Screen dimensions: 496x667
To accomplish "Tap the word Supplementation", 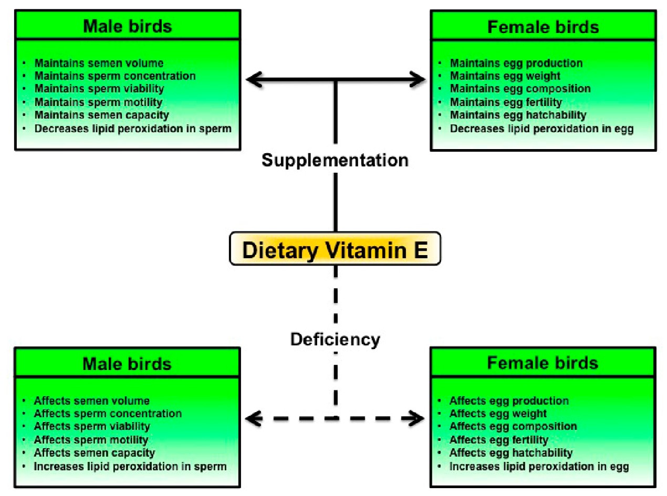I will point(335,160).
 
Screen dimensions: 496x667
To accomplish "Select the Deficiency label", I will point(335,339).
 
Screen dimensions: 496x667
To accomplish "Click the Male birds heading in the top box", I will point(127,27).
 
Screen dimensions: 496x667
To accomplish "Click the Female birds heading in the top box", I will point(543,27).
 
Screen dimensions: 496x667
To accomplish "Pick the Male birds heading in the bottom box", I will point(127,364).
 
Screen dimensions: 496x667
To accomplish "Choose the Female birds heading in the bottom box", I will point(543,363).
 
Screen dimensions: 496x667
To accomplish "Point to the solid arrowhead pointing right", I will point(418,80).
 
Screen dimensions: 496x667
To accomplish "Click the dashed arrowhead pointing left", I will point(254,418).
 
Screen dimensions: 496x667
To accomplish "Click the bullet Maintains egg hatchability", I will point(518,115).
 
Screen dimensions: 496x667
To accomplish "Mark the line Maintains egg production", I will point(516,63).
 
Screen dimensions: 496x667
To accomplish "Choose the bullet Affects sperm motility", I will point(91,440).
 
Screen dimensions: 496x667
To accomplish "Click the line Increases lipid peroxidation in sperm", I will point(130,466).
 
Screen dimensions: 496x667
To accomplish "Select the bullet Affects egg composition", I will point(513,426).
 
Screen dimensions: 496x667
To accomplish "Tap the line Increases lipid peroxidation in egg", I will point(539,466).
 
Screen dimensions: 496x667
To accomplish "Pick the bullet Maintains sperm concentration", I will point(115,76).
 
